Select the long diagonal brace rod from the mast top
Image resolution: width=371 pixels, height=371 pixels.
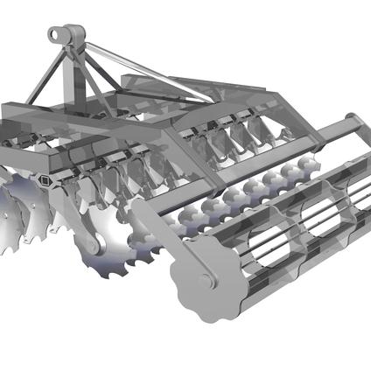tap(140, 66)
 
